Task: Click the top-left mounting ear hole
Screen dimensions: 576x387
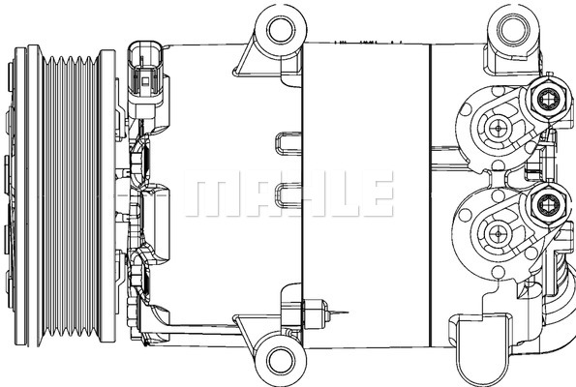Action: coord(281,30)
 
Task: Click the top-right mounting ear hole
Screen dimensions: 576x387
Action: coord(513,28)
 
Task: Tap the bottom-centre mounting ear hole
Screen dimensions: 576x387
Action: coord(281,361)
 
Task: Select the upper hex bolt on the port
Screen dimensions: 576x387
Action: coord(549,99)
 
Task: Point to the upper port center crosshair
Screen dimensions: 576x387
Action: coord(499,129)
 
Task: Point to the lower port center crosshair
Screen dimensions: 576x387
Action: coord(499,234)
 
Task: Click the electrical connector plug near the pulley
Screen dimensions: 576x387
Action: coord(145,79)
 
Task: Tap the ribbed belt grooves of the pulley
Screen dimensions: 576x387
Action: coord(71,195)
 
